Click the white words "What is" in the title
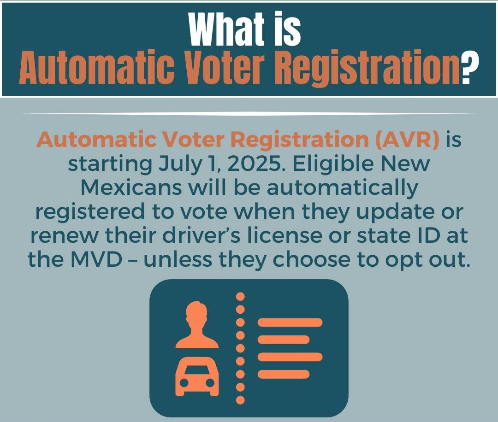245,29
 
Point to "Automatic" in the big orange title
96,66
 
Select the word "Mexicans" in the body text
131,188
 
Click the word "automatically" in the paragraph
342,189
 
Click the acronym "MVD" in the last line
96,259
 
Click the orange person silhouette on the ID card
197,325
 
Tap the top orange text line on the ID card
290,322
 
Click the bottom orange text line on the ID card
283,374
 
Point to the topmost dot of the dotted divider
240,296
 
